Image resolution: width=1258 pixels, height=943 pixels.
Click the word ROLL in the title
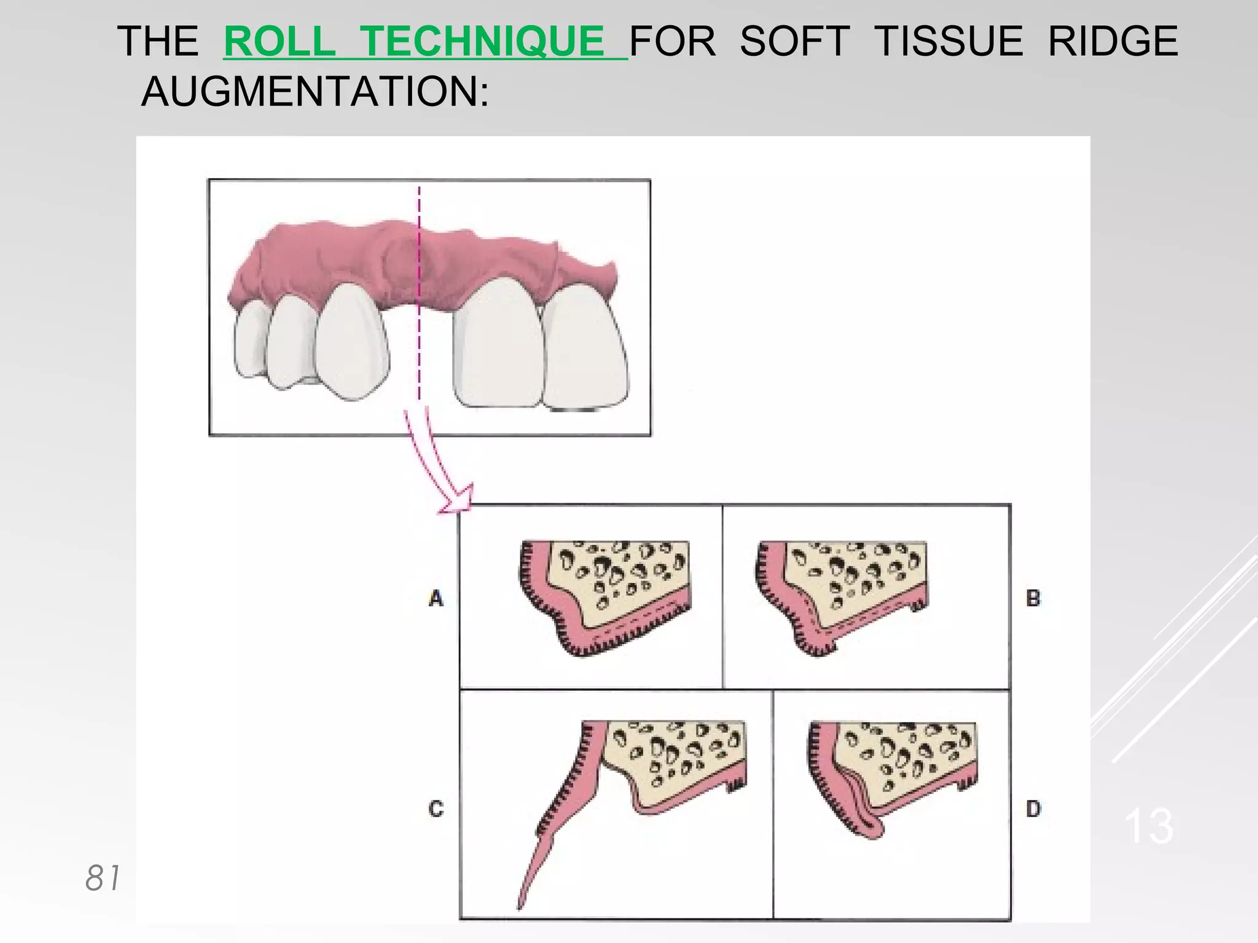(279, 42)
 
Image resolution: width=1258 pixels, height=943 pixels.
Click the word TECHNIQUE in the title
(482, 42)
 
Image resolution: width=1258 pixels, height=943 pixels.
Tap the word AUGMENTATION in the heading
(314, 91)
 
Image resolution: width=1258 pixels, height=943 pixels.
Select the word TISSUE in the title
(948, 42)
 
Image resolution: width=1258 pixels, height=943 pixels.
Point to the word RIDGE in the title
(1112, 42)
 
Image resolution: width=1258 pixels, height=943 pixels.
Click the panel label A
(436, 598)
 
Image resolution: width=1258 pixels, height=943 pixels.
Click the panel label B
(1033, 598)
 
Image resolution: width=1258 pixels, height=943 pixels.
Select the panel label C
(436, 809)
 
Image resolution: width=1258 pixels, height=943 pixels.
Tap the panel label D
(1033, 809)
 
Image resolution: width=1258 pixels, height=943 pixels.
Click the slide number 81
(103, 878)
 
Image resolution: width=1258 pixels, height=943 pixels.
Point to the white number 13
(1148, 826)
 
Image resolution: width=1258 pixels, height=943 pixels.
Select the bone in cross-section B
(860, 583)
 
